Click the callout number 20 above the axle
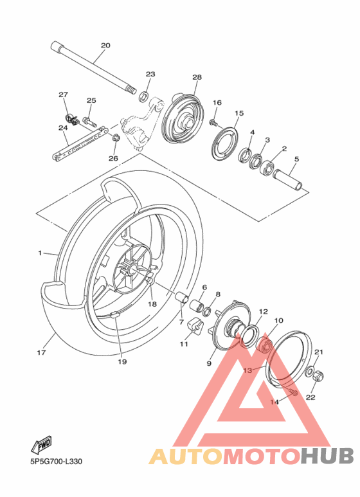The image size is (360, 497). point(105,45)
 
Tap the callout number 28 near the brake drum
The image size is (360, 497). point(197,77)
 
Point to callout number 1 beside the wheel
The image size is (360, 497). point(39,253)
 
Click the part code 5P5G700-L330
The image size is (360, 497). point(55,461)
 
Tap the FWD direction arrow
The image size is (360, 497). point(40,444)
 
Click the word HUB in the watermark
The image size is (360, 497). point(327,455)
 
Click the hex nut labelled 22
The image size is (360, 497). point(317,377)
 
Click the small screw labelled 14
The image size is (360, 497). point(291,392)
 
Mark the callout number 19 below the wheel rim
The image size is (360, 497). point(122,361)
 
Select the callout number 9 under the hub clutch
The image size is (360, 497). point(209,363)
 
